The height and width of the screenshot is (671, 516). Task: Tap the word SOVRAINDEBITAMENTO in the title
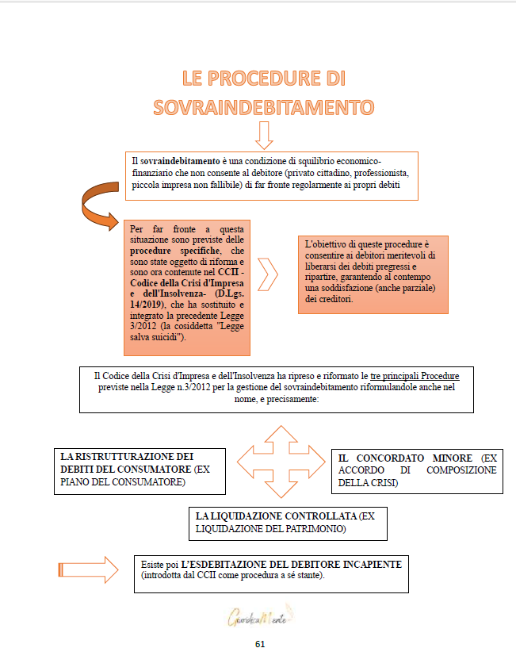tap(264, 107)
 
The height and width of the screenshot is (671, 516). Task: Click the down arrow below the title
tap(264, 135)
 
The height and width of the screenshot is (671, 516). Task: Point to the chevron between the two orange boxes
tap(269, 274)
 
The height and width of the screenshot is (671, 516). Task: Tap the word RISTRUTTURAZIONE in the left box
tap(128, 456)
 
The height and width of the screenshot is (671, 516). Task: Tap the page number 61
tap(259, 644)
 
